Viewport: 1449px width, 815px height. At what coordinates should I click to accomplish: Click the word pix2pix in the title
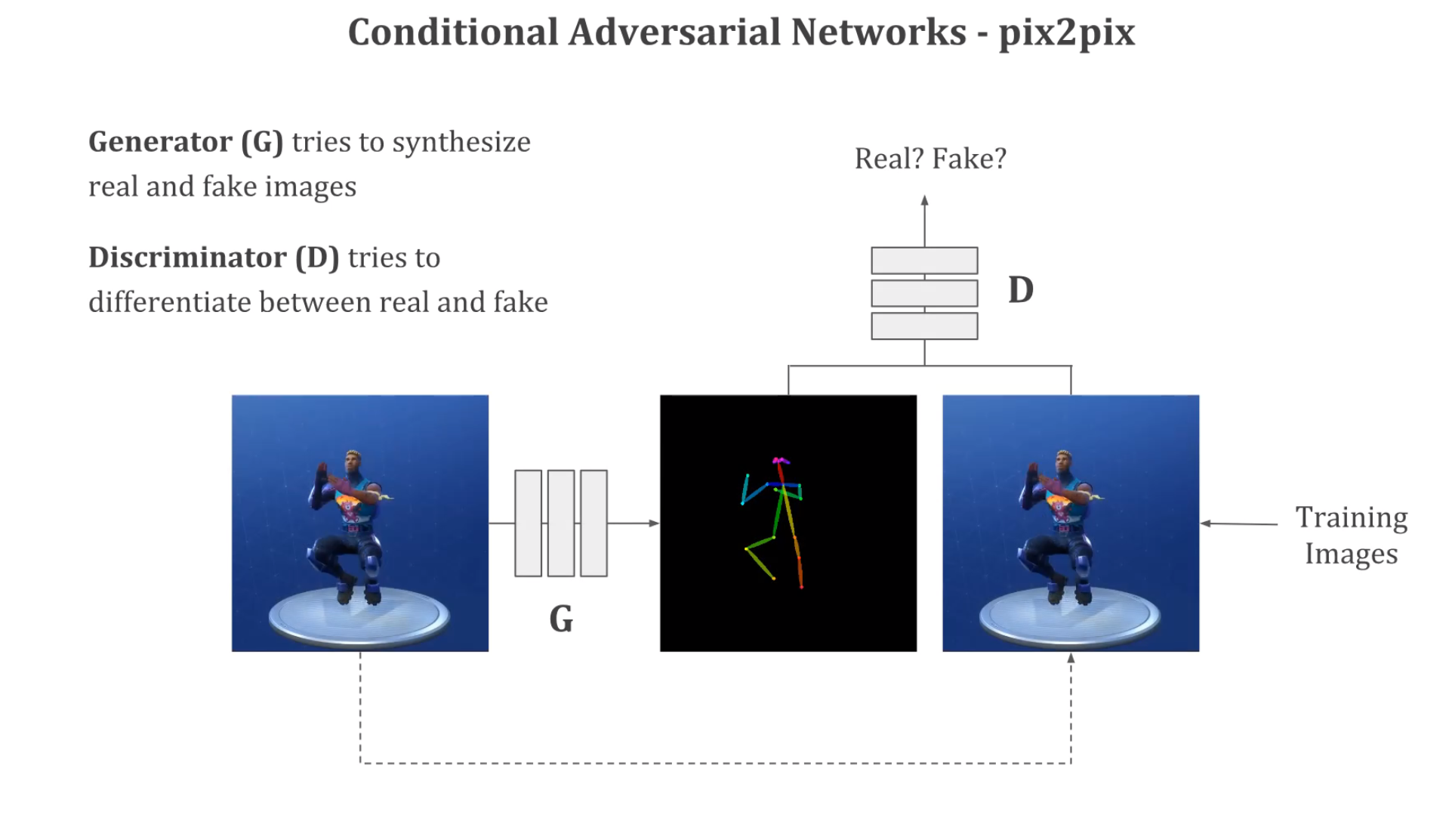(1066, 33)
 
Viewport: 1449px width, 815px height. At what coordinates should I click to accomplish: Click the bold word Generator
(160, 142)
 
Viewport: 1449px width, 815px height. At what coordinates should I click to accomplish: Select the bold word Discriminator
(187, 258)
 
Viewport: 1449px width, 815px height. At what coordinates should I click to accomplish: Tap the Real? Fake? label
(930, 159)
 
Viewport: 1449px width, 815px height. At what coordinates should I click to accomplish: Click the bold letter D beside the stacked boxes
(1020, 290)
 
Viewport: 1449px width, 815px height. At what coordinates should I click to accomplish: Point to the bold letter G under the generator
(561, 619)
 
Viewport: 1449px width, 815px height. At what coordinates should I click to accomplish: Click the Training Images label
(1351, 536)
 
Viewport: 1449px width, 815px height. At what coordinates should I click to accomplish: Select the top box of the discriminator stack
(924, 261)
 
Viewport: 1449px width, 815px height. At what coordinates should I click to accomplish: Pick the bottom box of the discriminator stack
(924, 326)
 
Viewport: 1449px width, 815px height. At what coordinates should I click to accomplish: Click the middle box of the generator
(561, 523)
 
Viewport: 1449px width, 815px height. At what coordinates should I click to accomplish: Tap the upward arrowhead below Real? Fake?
(924, 201)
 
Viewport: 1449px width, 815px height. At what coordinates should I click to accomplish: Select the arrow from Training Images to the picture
(1238, 523)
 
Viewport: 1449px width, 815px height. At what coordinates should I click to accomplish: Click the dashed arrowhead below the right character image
(1071, 659)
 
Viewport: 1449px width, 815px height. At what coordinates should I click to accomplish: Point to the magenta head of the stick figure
(780, 460)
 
